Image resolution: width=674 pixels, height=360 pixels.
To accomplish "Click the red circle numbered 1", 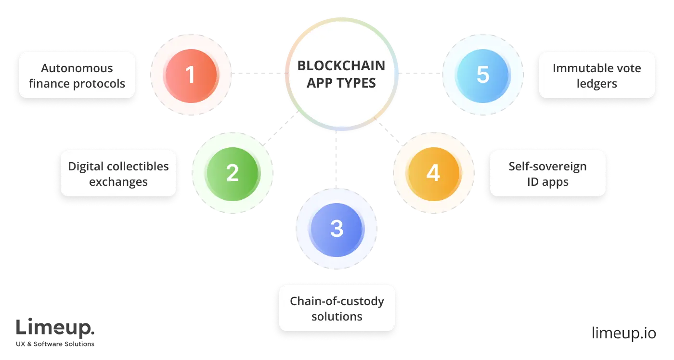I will (191, 75).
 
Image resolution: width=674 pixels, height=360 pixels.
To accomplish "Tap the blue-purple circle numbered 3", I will (337, 229).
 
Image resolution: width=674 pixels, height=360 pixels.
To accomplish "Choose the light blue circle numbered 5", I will (483, 75).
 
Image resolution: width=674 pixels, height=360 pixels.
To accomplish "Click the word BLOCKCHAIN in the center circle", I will (341, 65).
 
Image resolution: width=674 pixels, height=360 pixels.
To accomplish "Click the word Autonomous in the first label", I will (77, 68).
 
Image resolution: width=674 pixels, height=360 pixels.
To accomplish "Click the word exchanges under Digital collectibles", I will (118, 182).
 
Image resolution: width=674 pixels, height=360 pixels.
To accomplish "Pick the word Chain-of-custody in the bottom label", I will (337, 301).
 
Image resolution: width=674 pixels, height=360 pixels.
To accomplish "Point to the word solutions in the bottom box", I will (337, 317).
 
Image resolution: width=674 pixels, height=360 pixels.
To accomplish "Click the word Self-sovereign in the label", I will (548, 167).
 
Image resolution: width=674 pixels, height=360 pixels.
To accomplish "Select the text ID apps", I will (548, 182).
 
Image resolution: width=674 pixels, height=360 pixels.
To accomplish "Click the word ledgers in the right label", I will (597, 83).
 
